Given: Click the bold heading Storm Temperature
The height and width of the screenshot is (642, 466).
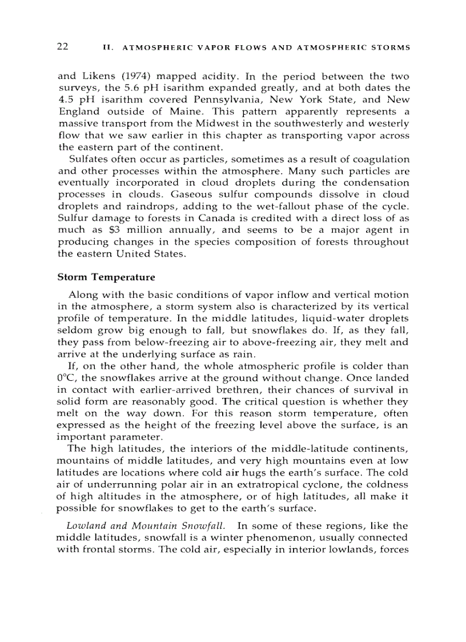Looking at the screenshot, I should click(x=106, y=277).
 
